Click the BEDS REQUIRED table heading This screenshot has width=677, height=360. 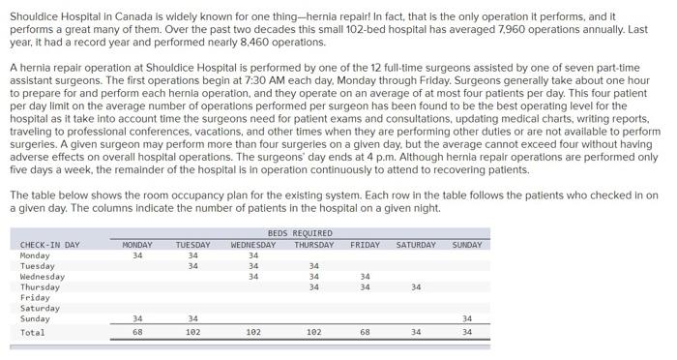tap(300, 233)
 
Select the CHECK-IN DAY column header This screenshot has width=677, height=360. tap(50, 245)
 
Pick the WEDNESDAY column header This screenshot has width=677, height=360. tap(253, 245)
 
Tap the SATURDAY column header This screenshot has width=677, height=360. tap(416, 245)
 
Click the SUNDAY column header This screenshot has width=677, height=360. tap(466, 245)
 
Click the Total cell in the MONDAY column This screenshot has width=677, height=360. tap(138, 332)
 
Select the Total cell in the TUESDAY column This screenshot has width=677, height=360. tap(193, 332)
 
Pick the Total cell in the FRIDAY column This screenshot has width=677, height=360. tap(365, 332)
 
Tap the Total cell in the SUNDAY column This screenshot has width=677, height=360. tap(467, 332)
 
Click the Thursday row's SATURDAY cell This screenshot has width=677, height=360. tap(416, 286)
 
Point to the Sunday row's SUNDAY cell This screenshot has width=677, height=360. tap(467, 318)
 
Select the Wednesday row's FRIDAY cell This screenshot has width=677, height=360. tap(365, 276)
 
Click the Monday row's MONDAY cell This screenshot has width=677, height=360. tap(138, 255)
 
